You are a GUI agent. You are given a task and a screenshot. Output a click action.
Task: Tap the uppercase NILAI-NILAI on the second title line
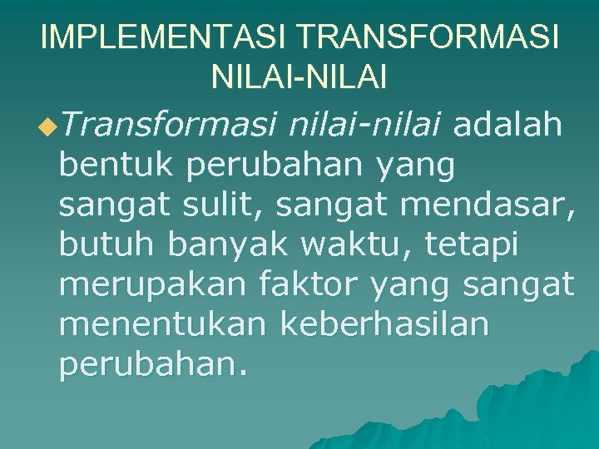(x=299, y=78)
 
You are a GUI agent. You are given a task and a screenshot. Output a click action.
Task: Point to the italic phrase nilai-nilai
(x=368, y=126)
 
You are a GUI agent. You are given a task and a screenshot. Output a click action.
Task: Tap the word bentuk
(x=117, y=166)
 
